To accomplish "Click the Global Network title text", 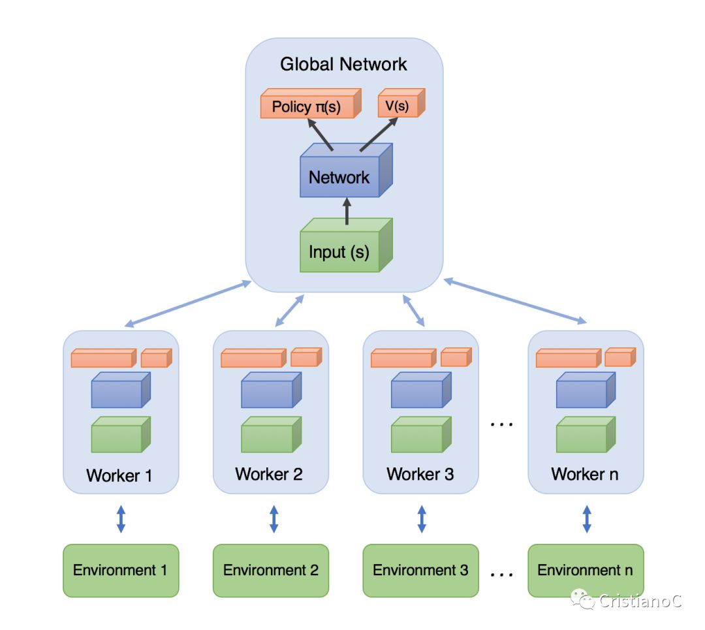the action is [x=343, y=64].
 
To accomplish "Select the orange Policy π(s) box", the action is [x=311, y=103].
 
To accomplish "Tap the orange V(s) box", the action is [x=401, y=103].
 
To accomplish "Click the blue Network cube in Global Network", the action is [x=346, y=170].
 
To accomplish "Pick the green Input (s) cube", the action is [x=346, y=245].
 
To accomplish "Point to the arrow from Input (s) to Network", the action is [x=347, y=211].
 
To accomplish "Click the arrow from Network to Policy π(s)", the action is [x=320, y=134].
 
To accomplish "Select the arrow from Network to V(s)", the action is [x=379, y=134].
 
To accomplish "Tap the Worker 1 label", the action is [x=119, y=475].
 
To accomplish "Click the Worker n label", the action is [x=584, y=474].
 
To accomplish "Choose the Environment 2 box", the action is [x=271, y=571].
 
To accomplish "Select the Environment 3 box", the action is [x=420, y=571].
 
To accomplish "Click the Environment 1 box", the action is [x=121, y=571].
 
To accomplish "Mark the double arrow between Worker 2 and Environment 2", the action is [x=274, y=519].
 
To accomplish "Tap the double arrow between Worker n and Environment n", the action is [x=587, y=519].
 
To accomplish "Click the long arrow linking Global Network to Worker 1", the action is [x=187, y=304].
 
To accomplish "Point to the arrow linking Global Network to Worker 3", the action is [x=414, y=310].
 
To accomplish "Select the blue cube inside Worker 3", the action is [x=421, y=390].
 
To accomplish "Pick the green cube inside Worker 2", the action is [x=271, y=434].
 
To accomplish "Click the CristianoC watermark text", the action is [x=640, y=601].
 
